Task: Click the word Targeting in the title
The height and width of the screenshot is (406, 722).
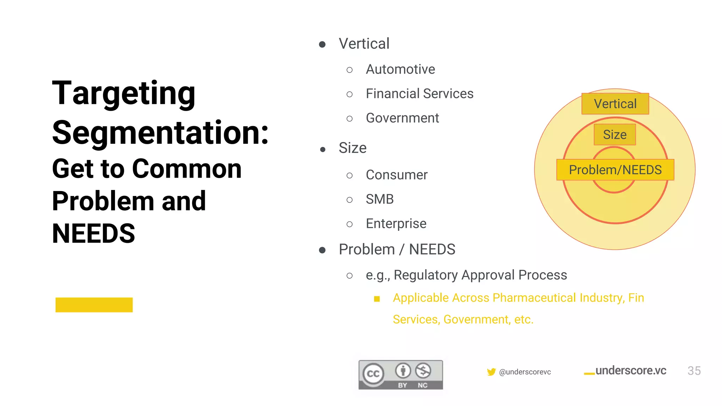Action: click(123, 93)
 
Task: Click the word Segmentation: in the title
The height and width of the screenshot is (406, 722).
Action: click(160, 133)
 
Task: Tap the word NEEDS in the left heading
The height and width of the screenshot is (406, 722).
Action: click(93, 233)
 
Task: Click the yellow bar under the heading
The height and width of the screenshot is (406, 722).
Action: click(94, 305)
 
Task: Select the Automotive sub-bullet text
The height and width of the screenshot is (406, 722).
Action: click(400, 69)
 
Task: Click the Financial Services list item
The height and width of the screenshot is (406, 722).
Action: click(420, 94)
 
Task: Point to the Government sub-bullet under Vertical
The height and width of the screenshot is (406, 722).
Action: click(402, 118)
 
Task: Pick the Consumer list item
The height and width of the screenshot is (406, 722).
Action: click(397, 175)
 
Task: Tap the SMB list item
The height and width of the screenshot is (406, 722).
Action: click(380, 199)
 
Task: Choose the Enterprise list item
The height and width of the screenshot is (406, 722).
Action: click(396, 224)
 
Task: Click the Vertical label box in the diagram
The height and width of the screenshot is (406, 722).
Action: click(615, 104)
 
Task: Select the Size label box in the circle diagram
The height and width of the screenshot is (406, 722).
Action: click(615, 135)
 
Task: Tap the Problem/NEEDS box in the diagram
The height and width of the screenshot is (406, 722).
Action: click(615, 170)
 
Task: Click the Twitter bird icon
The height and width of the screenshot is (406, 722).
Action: click(491, 372)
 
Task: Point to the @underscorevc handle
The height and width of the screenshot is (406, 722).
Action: click(525, 372)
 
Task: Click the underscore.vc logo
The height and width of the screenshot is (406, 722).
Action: click(626, 371)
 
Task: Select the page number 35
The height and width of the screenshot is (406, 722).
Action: click(694, 371)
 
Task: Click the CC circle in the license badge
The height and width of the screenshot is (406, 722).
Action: click(373, 374)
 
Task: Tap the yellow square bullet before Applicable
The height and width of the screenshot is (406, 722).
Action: click(377, 299)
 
